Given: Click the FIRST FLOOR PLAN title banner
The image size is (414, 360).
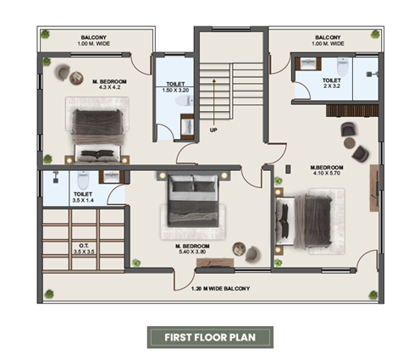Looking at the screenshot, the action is pos(210,337).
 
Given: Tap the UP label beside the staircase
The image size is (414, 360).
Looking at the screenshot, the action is pos(213,130).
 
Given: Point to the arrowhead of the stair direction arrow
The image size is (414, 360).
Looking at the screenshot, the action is pos(214,80).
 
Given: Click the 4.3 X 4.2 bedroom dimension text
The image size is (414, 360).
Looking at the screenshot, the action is pos(109,87).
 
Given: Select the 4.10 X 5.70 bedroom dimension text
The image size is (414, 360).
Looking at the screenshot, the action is pos(327,173).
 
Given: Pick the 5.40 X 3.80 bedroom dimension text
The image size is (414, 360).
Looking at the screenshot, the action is pos(192,252).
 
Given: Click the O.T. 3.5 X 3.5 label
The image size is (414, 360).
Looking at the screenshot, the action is pos(84,249).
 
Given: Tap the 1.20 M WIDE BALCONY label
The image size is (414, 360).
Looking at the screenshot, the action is pos(220,289).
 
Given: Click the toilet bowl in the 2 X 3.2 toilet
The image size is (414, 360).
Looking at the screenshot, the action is pos(343,67).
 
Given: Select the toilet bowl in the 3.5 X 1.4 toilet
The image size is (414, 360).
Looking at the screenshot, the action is pos(83,180).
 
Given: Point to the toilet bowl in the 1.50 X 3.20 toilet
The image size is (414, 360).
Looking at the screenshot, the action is pos(185,101).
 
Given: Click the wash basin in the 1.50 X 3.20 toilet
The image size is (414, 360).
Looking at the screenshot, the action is pos(187,126).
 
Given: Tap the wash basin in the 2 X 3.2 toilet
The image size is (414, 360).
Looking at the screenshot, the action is pos(308,64).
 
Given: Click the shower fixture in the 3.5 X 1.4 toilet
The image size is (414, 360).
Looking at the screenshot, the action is pos(56,177).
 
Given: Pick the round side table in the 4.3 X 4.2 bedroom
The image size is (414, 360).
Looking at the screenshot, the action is pos(76,78).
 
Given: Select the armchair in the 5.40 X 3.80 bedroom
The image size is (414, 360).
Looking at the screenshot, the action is pos(252,253).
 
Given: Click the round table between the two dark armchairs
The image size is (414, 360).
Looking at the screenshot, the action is pos(350,142).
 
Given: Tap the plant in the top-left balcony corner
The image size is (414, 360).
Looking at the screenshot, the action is pos(45,34).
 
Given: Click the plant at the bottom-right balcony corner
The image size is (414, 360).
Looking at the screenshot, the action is pos(373,295).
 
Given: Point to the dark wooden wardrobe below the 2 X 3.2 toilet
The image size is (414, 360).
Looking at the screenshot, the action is pos(352,111).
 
